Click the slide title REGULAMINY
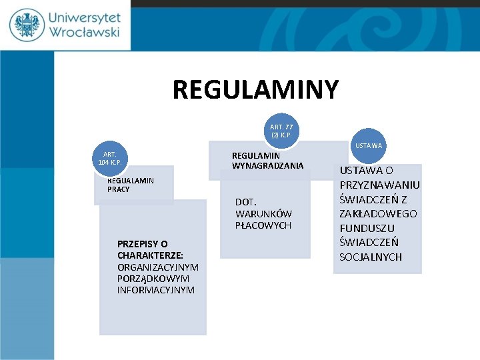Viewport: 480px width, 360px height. (x=255, y=89)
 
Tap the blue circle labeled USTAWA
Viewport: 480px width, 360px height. (x=369, y=145)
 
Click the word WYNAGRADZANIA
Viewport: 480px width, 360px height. (x=267, y=165)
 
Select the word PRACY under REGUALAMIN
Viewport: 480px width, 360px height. (x=119, y=189)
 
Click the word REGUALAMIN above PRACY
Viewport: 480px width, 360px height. (x=131, y=180)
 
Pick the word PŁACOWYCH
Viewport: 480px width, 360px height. (x=263, y=225)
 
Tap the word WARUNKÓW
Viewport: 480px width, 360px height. (x=263, y=213)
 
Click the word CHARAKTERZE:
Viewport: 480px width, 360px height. (x=150, y=255)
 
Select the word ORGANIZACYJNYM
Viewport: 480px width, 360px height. (x=158, y=267)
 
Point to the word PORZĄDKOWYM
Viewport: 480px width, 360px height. (x=153, y=278)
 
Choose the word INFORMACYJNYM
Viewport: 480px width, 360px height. (x=156, y=289)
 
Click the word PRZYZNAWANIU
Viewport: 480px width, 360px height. (x=379, y=185)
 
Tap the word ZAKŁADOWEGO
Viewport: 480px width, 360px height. (x=378, y=213)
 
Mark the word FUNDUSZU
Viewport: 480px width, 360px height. (x=367, y=228)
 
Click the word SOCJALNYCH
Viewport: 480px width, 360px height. (x=371, y=257)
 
